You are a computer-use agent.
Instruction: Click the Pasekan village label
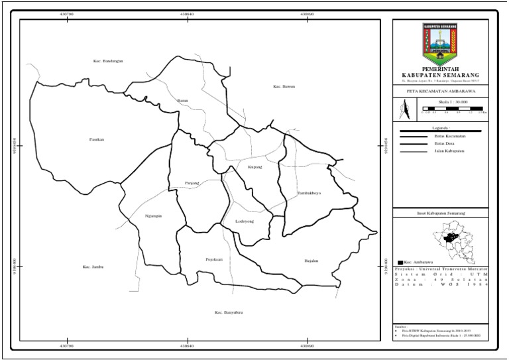pyautogui.click(x=97, y=139)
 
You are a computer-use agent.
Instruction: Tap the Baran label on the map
pyautogui.click(x=183, y=100)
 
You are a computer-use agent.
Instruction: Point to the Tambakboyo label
pyautogui.click(x=309, y=193)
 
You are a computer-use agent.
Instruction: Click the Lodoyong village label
pyautogui.click(x=245, y=222)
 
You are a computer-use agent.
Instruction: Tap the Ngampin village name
pyautogui.click(x=153, y=215)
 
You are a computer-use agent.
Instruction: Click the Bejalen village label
pyautogui.click(x=311, y=261)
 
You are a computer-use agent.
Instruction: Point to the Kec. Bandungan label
pyautogui.click(x=108, y=61)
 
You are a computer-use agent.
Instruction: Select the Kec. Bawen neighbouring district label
pyautogui.click(x=283, y=87)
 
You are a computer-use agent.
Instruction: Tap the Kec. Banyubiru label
pyautogui.click(x=229, y=312)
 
